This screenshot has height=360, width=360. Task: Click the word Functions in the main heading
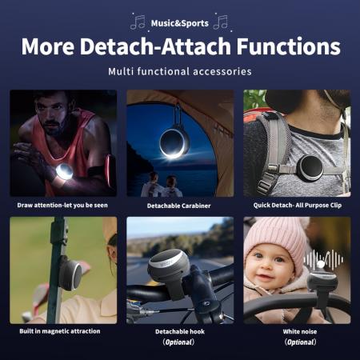coord(289,46)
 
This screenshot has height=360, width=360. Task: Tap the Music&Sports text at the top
coord(180,23)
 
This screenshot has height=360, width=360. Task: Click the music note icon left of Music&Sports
coord(138,22)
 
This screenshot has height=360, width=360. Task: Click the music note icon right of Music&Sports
coord(221,22)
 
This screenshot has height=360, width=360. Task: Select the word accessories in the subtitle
coord(222,71)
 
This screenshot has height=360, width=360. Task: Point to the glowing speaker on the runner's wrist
coord(64,171)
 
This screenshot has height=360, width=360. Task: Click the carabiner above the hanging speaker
coord(178,115)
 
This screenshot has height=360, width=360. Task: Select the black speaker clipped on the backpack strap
coord(310,167)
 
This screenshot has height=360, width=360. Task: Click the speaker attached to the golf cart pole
coord(70,273)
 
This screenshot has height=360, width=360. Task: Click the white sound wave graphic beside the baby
coord(323,259)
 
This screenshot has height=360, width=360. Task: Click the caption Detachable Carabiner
coord(178,206)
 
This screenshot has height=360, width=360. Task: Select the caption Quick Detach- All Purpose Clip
coord(298,205)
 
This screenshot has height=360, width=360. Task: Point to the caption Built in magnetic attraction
coord(60,331)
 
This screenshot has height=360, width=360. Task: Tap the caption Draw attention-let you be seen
coord(62,205)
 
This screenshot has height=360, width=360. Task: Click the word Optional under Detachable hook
coord(178,342)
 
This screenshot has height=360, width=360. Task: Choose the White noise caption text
coord(300,331)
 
